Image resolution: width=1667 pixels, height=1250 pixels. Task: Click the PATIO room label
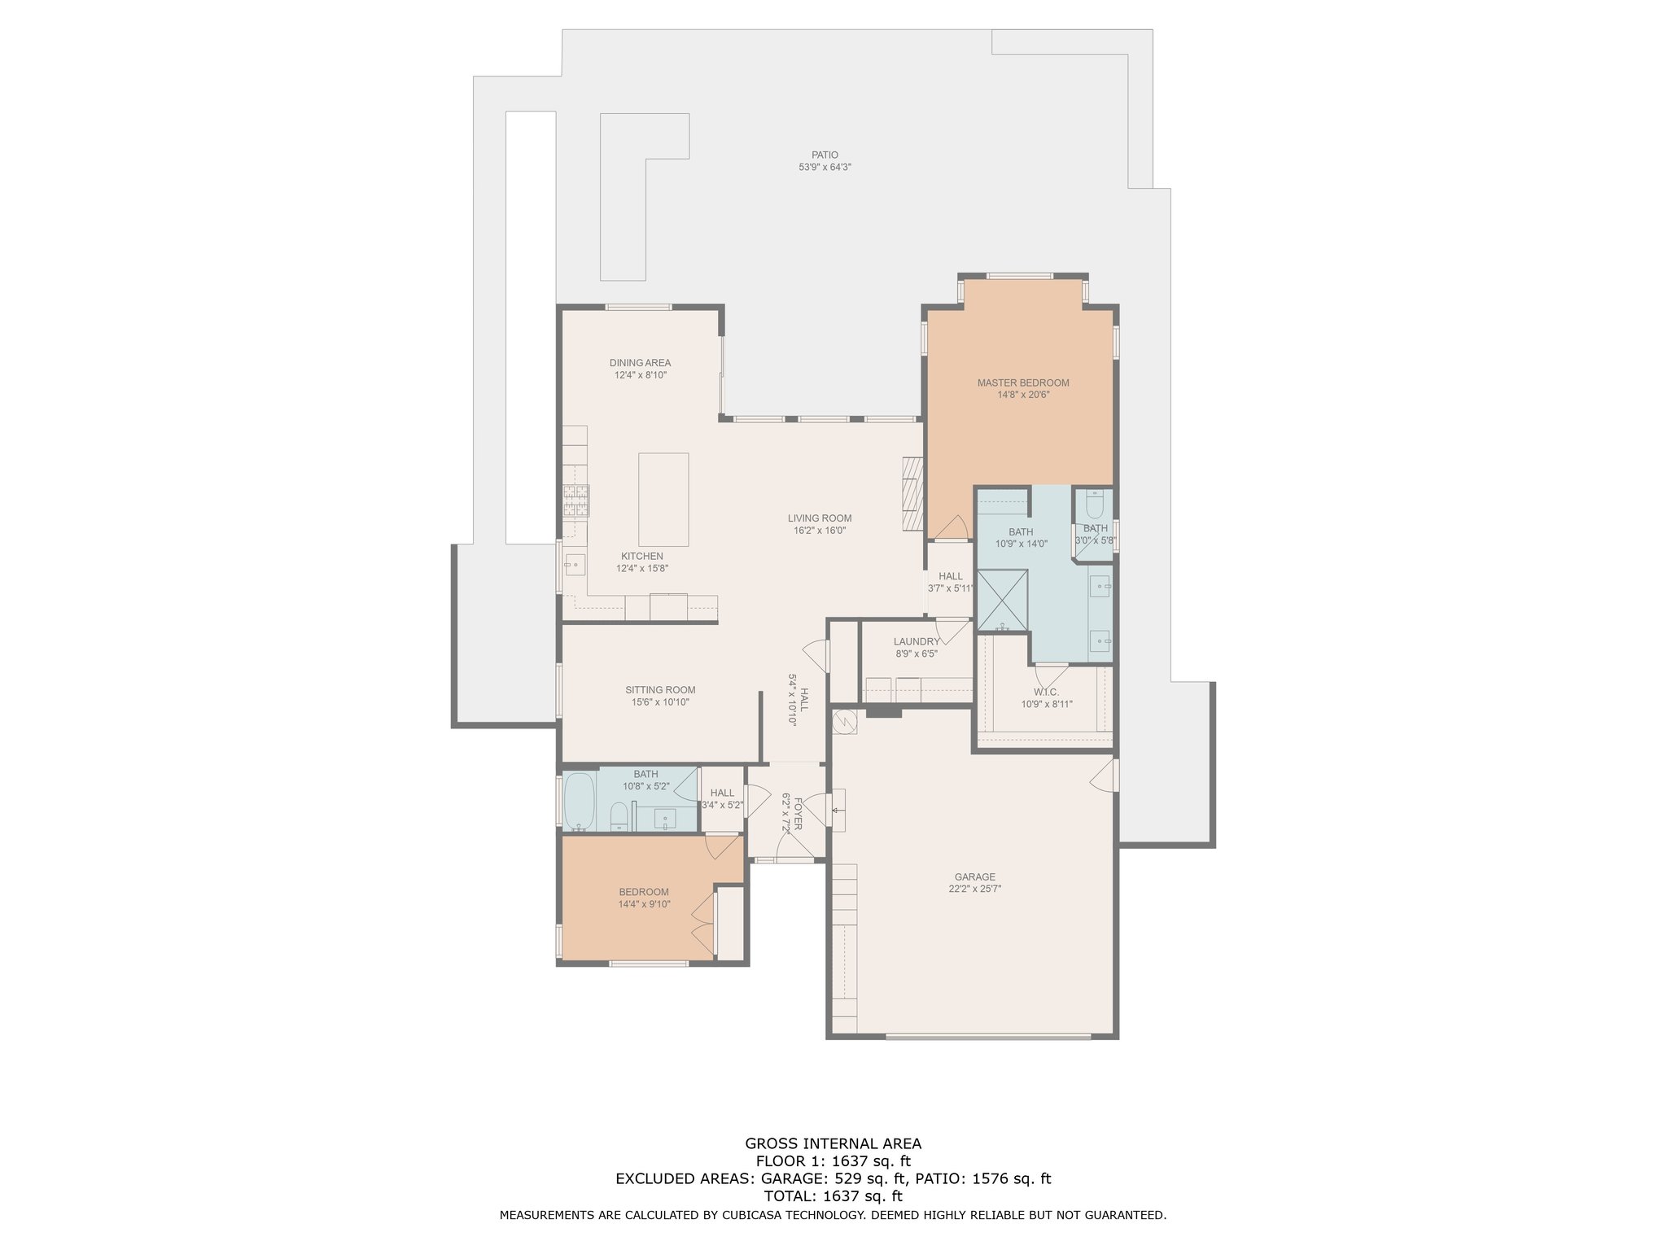pos(825,155)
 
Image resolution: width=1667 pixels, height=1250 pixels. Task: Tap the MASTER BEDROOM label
pos(1023,382)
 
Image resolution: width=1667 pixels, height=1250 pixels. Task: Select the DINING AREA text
pos(641,363)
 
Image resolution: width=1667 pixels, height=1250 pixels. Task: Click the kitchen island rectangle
pos(663,500)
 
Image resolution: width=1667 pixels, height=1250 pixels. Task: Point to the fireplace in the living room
pos(913,494)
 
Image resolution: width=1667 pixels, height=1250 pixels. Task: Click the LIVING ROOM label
pos(820,518)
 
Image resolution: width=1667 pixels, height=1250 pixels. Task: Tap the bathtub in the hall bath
pos(580,802)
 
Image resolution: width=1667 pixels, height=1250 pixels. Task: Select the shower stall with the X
pos(1002,601)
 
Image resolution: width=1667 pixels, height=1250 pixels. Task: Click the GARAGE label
pos(975,877)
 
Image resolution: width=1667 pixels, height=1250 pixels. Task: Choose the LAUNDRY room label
pos(917,641)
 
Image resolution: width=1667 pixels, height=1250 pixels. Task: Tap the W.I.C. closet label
pos(1047,692)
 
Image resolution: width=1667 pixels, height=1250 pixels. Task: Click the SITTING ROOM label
pos(660,690)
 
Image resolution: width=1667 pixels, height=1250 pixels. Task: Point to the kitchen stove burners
pos(576,500)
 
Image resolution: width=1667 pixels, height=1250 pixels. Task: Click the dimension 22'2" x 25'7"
pos(975,889)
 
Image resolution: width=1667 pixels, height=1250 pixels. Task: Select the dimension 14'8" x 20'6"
pos(1023,395)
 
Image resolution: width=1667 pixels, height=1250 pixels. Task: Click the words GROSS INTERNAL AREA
pos(833,1143)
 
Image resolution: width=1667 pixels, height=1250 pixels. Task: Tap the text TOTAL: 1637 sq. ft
pos(833,1196)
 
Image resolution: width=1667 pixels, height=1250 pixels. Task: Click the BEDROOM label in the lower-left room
pos(644,892)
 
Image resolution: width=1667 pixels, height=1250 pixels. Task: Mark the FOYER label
pos(798,813)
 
